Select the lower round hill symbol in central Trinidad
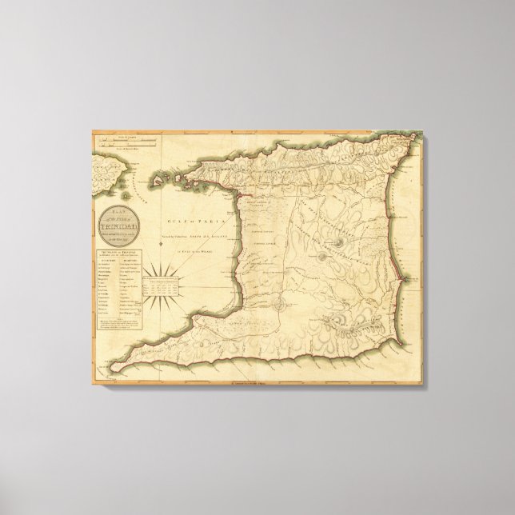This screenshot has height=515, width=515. (x=322, y=257)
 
